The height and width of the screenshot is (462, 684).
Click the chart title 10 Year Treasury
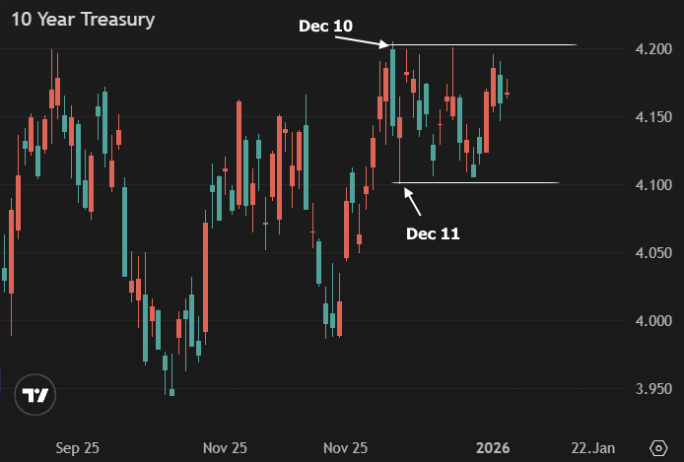[83, 20]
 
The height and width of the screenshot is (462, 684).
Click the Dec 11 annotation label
[433, 233]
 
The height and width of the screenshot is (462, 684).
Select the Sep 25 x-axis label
[77, 448]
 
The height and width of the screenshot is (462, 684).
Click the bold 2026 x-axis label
[493, 448]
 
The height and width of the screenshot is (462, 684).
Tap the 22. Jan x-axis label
[594, 448]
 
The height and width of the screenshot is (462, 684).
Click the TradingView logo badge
[36, 396]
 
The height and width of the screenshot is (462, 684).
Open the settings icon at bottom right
[659, 447]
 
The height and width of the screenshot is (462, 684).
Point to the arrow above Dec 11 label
[414, 201]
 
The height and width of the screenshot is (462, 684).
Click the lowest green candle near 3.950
[171, 392]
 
